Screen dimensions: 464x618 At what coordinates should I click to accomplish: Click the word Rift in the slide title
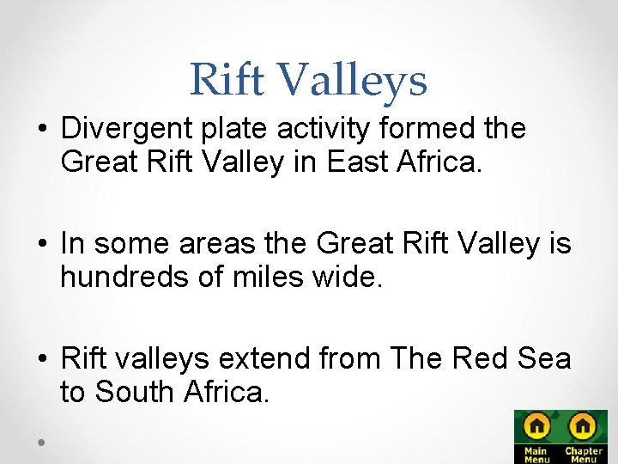[227, 80]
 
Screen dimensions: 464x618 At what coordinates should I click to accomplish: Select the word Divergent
[127, 129]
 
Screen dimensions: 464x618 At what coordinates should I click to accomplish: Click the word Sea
[537, 358]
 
